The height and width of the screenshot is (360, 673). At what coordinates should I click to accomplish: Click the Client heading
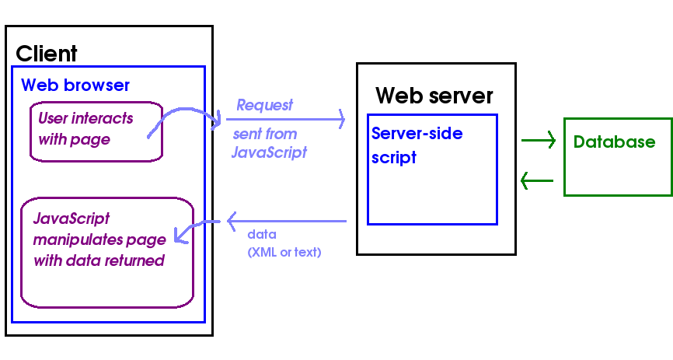pos(47,54)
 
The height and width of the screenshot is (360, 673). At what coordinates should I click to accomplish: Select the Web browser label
pos(75,85)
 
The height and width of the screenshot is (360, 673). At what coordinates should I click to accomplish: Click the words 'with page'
pos(74,140)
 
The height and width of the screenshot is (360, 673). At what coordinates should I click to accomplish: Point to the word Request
pos(264,105)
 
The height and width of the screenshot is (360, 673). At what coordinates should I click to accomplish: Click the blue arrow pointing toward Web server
pos(284,120)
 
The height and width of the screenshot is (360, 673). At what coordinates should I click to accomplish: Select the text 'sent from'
pos(265,134)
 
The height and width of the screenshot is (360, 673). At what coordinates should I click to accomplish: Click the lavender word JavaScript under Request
pos(269,152)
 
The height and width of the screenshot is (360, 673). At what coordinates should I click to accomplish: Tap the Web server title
pos(434,96)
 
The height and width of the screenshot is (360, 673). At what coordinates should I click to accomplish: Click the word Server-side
pos(417,134)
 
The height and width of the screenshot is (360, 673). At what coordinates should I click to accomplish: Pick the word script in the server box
pos(394,157)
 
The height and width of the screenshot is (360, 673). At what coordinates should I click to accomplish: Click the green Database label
pos(614,142)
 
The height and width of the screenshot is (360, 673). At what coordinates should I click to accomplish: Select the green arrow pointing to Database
pos(539,141)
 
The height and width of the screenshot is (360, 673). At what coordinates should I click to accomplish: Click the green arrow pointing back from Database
pos(537,181)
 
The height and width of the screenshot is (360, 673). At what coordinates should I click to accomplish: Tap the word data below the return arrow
pos(262,234)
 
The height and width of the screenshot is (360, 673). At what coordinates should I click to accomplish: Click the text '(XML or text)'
pos(284,252)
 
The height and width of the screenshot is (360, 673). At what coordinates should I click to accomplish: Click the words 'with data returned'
pos(99,260)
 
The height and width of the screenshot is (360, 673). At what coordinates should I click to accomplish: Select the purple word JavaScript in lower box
pos(71,218)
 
